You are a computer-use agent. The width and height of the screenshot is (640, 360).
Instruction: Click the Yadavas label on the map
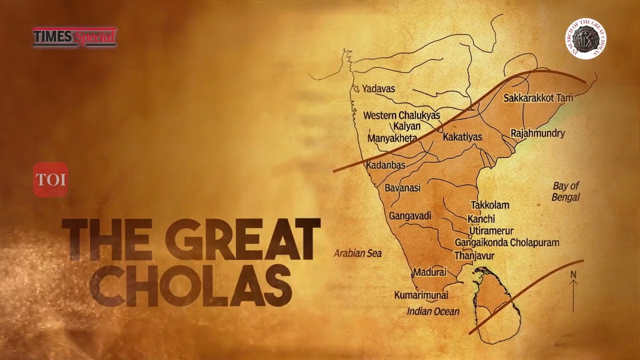(x=378, y=89)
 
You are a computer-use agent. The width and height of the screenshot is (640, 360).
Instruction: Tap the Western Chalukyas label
(x=401, y=115)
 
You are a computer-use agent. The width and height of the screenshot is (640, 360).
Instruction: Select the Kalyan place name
(x=406, y=126)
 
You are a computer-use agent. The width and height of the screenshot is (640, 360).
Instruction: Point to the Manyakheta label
(x=392, y=137)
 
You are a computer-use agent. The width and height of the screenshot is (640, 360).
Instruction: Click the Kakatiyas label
(x=462, y=136)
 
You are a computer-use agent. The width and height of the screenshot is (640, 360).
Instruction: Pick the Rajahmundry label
(x=537, y=133)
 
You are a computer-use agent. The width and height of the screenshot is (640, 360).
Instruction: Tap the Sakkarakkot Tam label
(x=538, y=98)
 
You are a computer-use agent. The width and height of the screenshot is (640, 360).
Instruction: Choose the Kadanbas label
(x=385, y=165)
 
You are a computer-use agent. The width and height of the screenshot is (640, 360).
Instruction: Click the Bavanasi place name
(x=402, y=188)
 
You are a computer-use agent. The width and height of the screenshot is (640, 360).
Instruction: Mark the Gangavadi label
(x=410, y=215)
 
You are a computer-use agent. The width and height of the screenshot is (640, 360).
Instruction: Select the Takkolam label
(x=490, y=205)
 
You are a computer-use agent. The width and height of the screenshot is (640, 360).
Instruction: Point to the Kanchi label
(x=481, y=219)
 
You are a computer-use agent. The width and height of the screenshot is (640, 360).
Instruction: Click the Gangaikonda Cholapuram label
(x=507, y=242)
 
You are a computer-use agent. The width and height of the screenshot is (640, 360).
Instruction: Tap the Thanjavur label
(x=474, y=256)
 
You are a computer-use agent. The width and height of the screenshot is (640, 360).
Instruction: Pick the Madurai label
(x=429, y=272)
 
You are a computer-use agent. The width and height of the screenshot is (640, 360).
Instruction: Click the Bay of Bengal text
(x=565, y=191)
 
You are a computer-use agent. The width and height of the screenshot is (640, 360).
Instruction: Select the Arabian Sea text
(x=357, y=253)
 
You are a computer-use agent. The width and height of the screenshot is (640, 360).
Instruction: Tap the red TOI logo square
(x=50, y=179)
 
